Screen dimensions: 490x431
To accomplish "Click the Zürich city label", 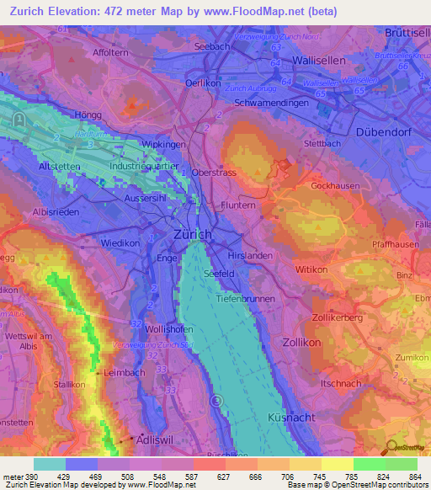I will [193, 234].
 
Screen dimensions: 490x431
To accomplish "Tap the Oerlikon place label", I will [203, 83].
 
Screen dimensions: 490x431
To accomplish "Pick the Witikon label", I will [311, 267].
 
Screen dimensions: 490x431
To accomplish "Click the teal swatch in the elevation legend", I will [50, 463].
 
